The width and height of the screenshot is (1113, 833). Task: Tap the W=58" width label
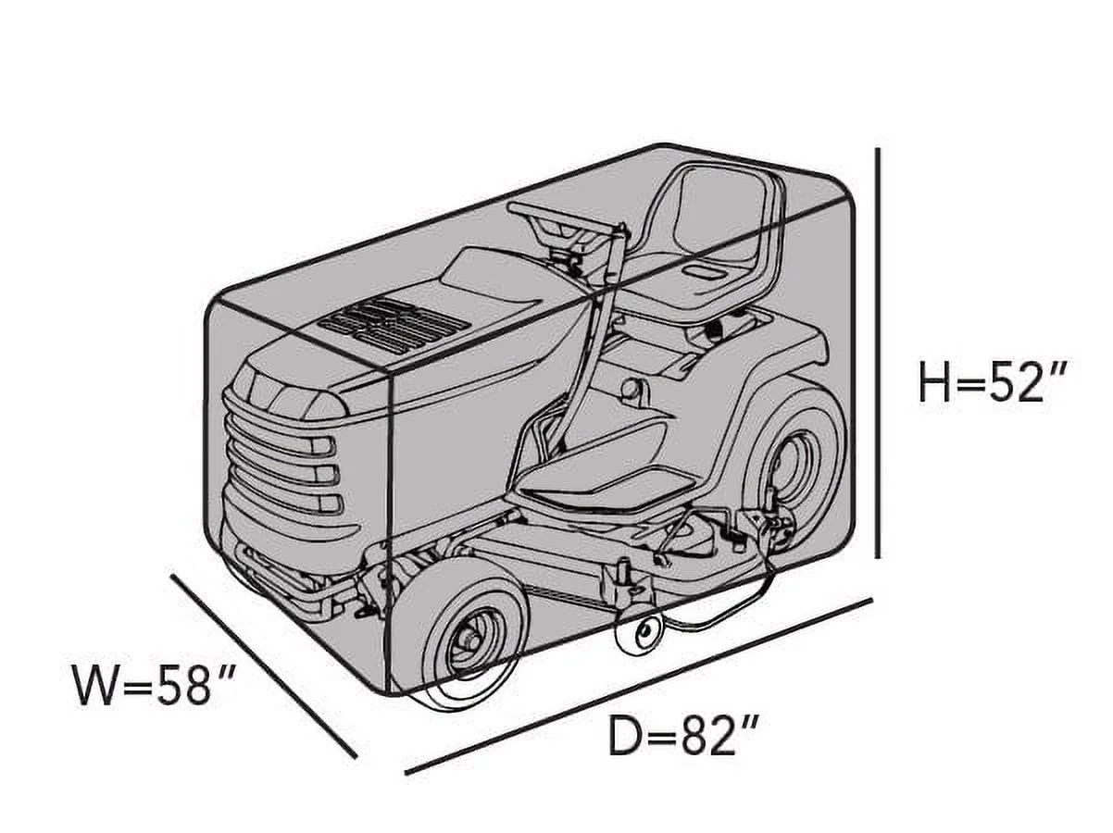tap(154, 685)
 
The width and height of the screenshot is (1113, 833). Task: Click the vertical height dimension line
tap(878, 353)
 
